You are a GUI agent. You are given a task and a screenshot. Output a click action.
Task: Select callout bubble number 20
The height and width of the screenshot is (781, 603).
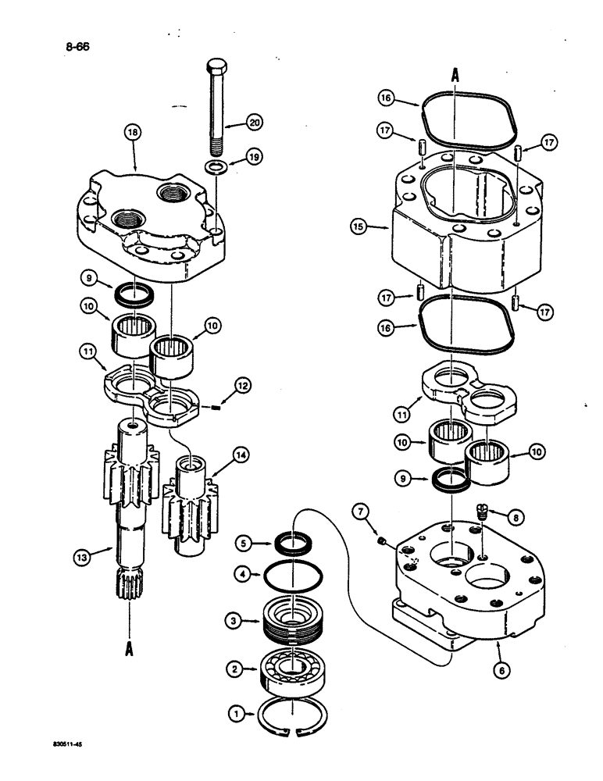pos(254,122)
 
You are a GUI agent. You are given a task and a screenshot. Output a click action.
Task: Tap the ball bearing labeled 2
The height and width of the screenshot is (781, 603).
pos(291,669)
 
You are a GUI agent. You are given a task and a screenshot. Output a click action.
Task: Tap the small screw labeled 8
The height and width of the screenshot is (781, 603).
pos(482,514)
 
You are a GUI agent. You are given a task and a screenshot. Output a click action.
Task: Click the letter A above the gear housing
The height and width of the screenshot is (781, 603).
pos(454,75)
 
